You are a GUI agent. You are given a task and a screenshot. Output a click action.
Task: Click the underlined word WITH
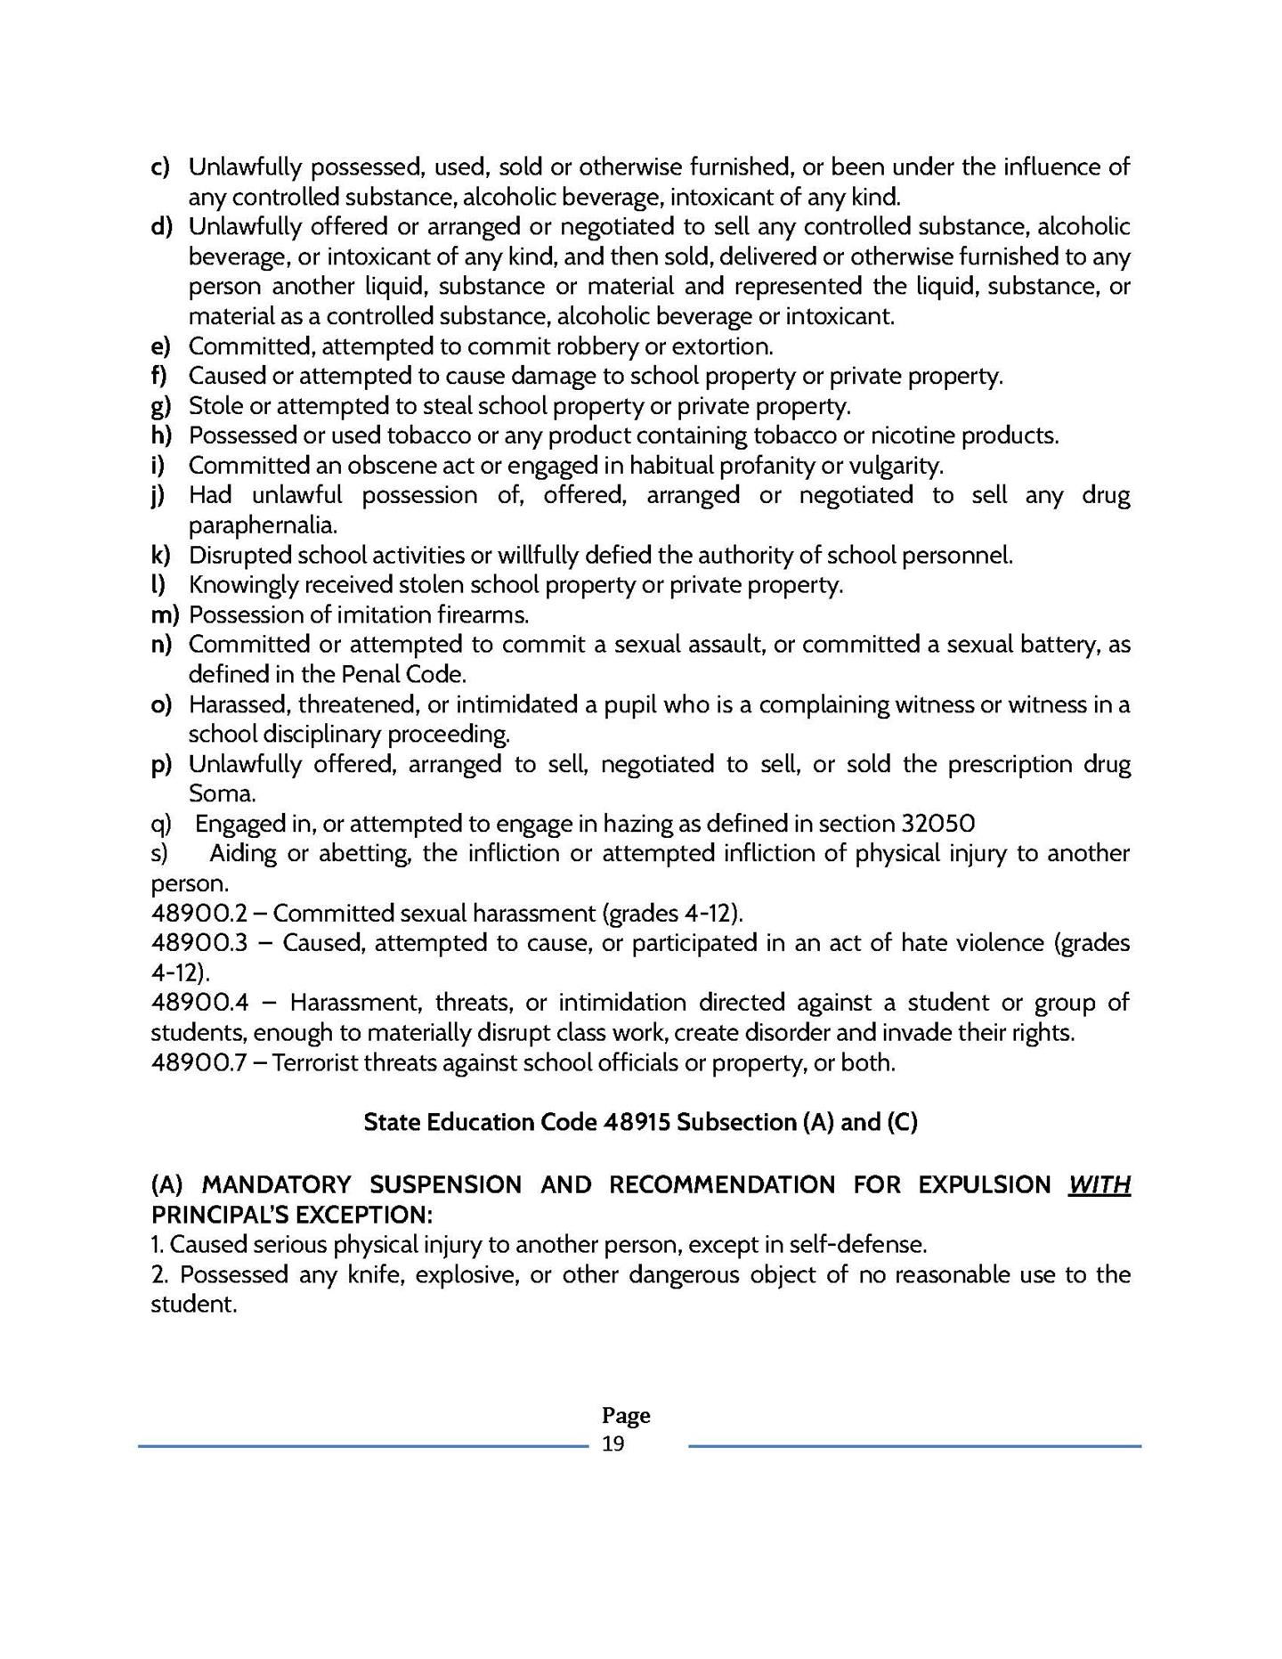[1099, 1185]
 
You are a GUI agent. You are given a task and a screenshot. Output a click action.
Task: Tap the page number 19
[613, 1443]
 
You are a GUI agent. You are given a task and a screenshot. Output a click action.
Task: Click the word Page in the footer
[626, 1415]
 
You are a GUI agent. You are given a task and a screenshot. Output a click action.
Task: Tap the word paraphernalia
[263, 525]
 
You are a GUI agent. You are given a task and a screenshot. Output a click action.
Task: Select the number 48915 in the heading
[636, 1122]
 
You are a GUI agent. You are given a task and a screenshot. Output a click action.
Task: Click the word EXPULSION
[985, 1185]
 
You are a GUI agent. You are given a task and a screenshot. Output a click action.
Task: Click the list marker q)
[161, 824]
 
